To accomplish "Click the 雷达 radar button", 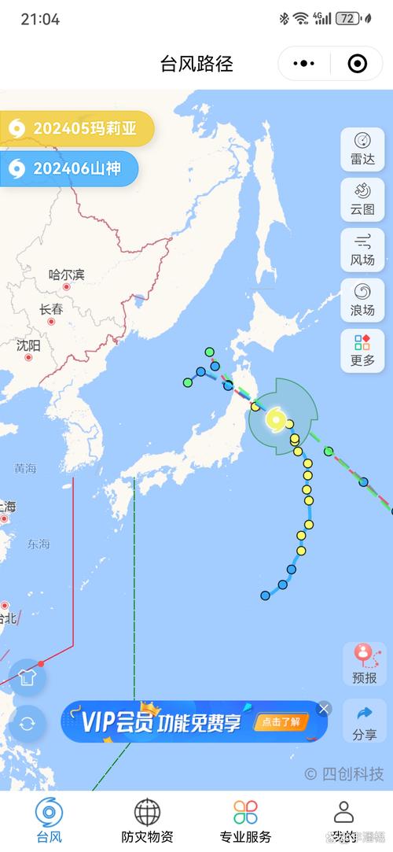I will coord(362,148).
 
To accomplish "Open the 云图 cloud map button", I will coord(362,199).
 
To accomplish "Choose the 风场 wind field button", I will coord(362,249).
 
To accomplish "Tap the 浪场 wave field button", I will coord(362,300).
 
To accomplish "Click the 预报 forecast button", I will coord(364,664).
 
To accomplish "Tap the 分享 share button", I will coord(364,722).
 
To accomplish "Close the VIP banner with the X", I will coord(324,709).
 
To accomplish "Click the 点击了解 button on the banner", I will coord(281,721).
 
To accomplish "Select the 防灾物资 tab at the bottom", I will coord(147,821).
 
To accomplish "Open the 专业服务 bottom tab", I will coord(245,821).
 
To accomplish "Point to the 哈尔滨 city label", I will coord(67,275).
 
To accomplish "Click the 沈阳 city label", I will coord(28,345).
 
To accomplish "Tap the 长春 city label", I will coord(51,310).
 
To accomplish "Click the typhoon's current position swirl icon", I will coord(275,419).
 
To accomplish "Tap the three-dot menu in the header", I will coord(303,64).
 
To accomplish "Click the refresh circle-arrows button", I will coord(28,722).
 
